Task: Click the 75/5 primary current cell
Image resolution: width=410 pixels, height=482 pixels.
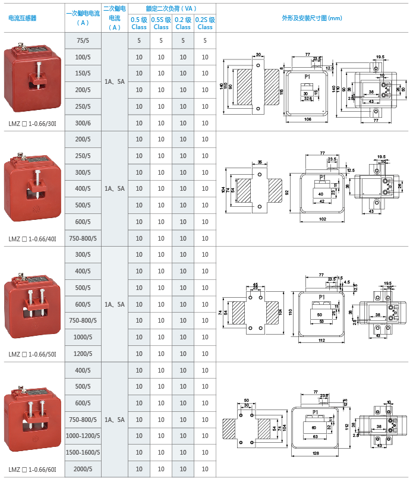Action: pos(83,40)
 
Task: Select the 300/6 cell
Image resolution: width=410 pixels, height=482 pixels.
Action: pos(83,123)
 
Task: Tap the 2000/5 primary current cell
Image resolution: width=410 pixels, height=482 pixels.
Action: pos(83,469)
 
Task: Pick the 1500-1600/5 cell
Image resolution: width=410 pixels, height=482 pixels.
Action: pos(83,452)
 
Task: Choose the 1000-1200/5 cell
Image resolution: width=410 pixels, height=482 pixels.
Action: pos(83,436)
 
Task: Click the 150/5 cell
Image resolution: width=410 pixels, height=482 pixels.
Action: pos(83,73)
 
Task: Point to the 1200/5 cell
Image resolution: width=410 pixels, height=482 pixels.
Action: pos(83,353)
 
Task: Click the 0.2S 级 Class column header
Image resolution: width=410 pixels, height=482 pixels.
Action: pos(205,23)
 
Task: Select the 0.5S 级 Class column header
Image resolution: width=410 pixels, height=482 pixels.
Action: pos(161,23)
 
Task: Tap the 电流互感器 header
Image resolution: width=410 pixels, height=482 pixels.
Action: pos(23,18)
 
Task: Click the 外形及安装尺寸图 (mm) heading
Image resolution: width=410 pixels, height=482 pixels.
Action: pos(312,18)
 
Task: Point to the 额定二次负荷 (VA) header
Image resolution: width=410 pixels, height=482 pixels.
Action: pos(172,9)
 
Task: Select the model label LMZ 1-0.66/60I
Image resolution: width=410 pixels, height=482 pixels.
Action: pos(33,470)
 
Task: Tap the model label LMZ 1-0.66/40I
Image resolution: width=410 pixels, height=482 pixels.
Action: pos(33,239)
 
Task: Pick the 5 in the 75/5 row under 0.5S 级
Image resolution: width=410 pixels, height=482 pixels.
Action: pos(161,40)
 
